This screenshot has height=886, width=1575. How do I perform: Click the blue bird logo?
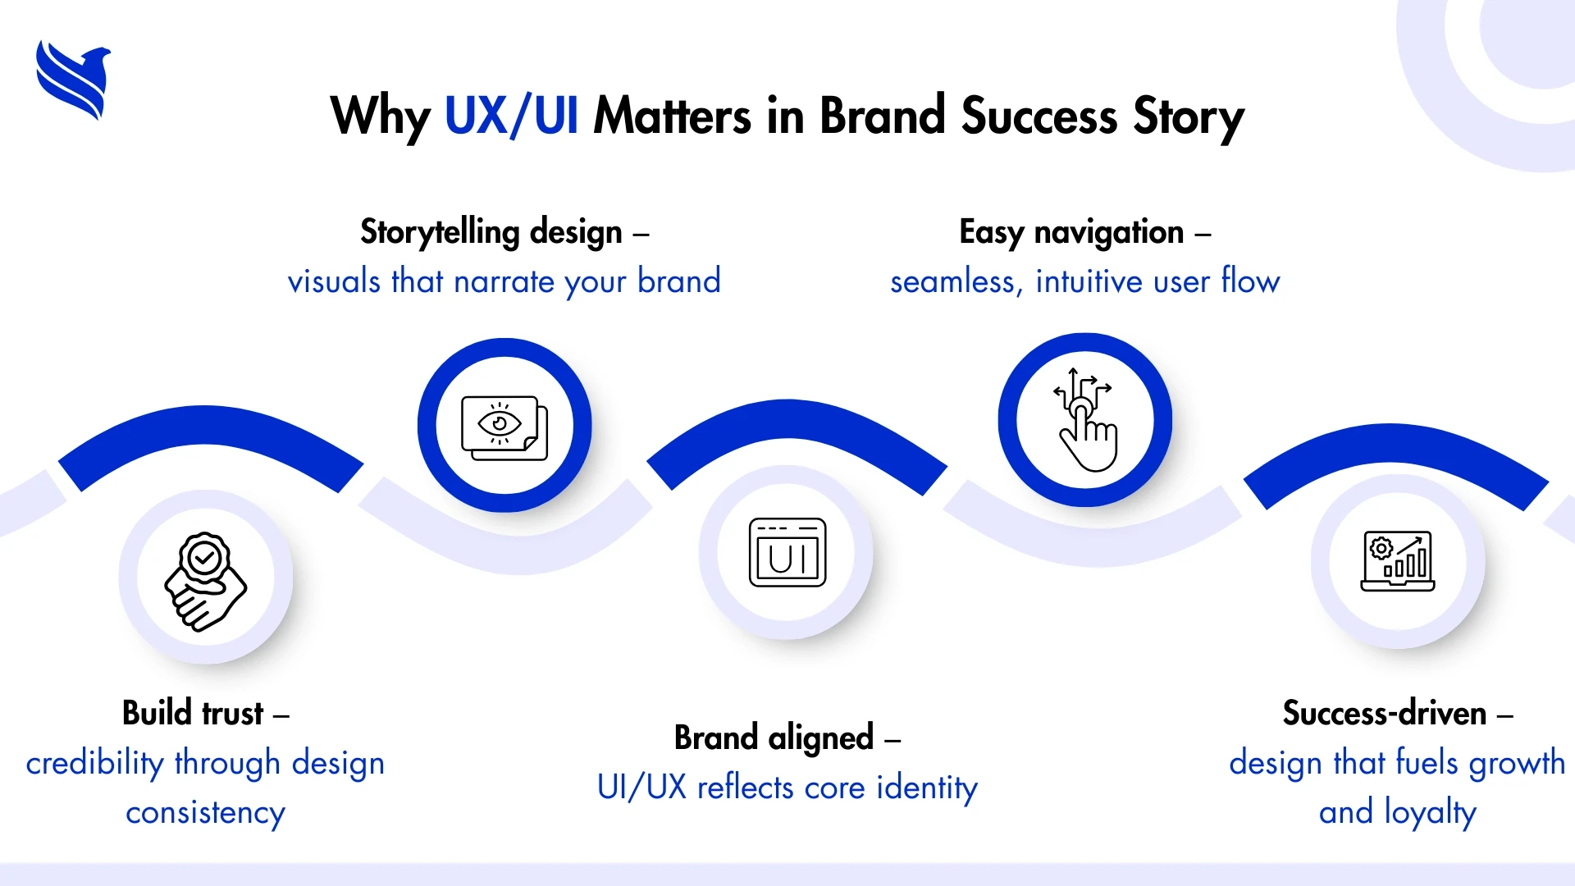point(73,80)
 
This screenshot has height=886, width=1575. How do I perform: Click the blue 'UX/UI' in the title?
point(511,116)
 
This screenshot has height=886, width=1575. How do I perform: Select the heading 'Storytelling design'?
point(491,232)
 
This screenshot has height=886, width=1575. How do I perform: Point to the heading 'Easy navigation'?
point(1071,232)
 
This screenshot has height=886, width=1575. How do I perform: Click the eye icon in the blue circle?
point(504,427)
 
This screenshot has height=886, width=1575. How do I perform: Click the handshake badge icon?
point(205,582)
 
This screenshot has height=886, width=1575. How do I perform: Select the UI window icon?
point(787,552)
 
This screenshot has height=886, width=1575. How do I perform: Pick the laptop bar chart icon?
point(1397,561)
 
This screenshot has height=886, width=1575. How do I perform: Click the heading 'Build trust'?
point(193,713)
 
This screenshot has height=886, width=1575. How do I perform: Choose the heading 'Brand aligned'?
point(774,738)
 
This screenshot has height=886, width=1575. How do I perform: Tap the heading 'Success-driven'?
point(1385,713)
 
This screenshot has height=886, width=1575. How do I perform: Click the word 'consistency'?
point(205,813)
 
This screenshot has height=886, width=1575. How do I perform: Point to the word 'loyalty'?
point(1431,812)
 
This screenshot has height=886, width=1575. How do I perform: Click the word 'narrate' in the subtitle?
point(504,282)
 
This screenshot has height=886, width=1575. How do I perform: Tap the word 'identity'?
point(927,788)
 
